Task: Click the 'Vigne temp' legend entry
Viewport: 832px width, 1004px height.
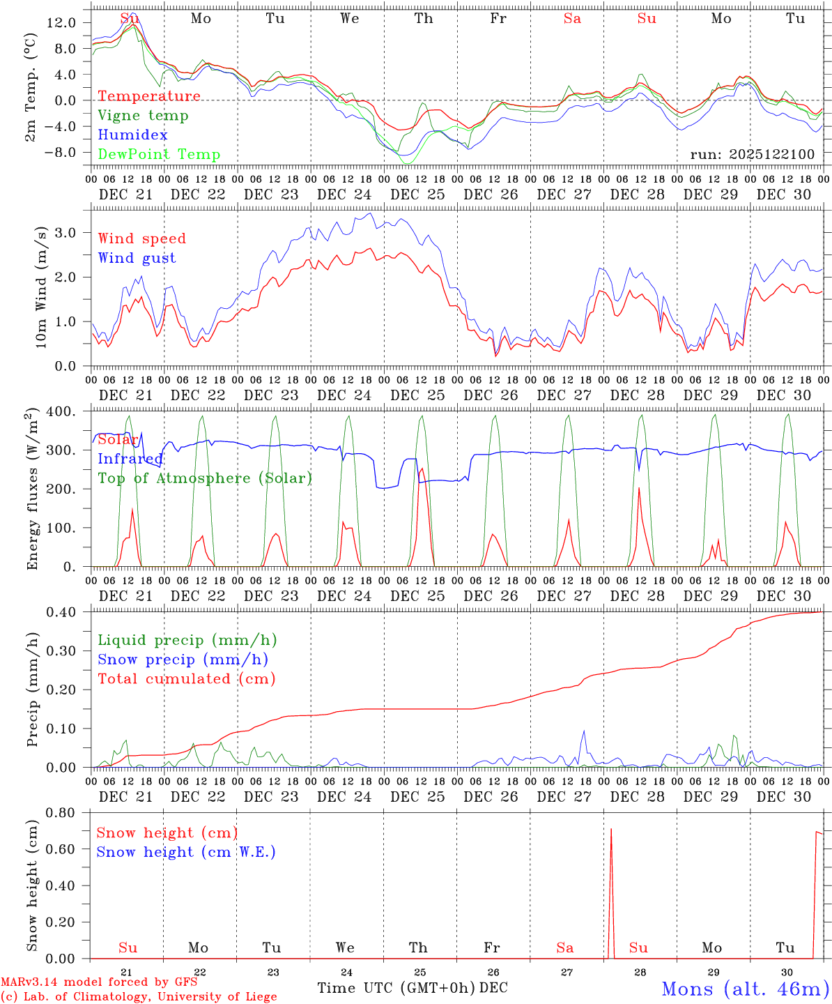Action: pyautogui.click(x=143, y=116)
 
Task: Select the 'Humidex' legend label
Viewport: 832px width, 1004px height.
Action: pyautogui.click(x=132, y=135)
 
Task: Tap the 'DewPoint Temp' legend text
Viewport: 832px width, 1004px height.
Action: pyautogui.click(x=159, y=155)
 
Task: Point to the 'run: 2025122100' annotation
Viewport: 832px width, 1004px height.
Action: pyautogui.click(x=752, y=154)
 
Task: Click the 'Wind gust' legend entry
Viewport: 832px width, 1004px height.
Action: pyautogui.click(x=137, y=258)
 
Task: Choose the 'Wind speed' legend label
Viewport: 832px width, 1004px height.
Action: pyautogui.click(x=142, y=239)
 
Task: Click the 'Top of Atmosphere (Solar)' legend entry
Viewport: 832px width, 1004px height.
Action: pyautogui.click(x=205, y=478)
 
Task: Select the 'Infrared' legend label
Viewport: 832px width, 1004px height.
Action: pyautogui.click(x=130, y=459)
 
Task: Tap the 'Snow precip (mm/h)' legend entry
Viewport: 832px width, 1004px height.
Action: pyautogui.click(x=183, y=660)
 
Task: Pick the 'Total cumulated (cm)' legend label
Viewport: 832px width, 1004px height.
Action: pyautogui.click(x=187, y=679)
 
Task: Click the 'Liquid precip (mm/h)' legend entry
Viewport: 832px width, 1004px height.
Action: pyautogui.click(x=187, y=640)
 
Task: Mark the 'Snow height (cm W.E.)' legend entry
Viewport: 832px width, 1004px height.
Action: pyautogui.click(x=186, y=852)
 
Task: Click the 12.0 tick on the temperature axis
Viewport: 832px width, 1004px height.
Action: pyautogui.click(x=61, y=22)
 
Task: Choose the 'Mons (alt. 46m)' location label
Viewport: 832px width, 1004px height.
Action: pyautogui.click(x=745, y=989)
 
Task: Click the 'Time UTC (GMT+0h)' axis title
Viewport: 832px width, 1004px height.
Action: pyautogui.click(x=396, y=988)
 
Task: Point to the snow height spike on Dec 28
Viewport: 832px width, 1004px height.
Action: pyautogui.click(x=611, y=830)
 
